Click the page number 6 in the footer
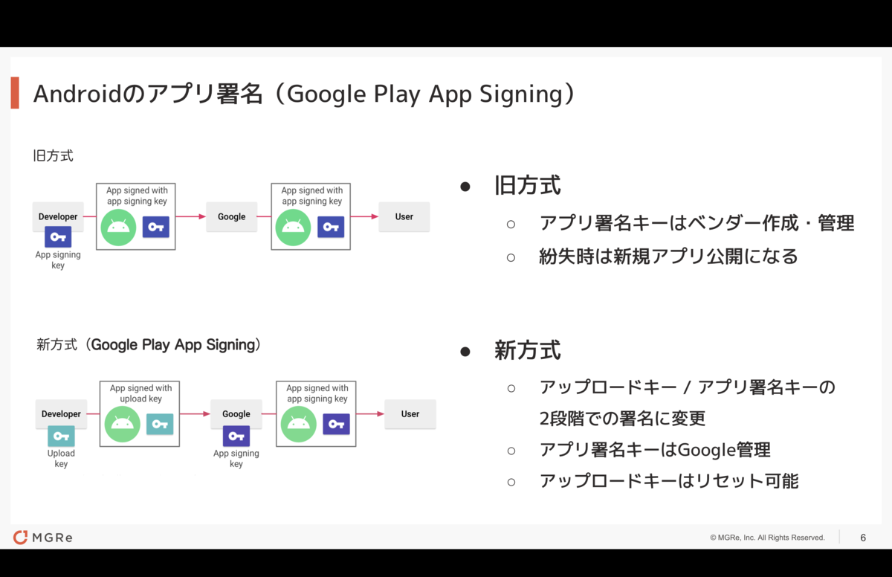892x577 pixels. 863,538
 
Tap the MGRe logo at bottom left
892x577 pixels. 42,537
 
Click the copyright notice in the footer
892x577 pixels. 767,538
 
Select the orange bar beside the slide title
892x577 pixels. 15,93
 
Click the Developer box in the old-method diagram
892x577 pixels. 58,216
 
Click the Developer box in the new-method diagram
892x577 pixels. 61,413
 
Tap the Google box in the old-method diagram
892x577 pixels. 231,216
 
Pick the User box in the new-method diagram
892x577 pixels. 410,413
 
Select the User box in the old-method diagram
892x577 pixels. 404,216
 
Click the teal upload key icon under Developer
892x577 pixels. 61,436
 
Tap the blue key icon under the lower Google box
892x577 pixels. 236,436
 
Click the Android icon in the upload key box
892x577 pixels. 122,424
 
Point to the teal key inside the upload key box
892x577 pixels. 160,424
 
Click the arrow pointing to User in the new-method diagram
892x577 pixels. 370,413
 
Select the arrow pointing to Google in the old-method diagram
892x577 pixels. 191,216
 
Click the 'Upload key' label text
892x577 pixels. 61,458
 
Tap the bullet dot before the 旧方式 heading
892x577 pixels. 465,187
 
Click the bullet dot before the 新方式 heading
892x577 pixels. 465,351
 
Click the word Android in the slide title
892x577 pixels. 77,94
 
